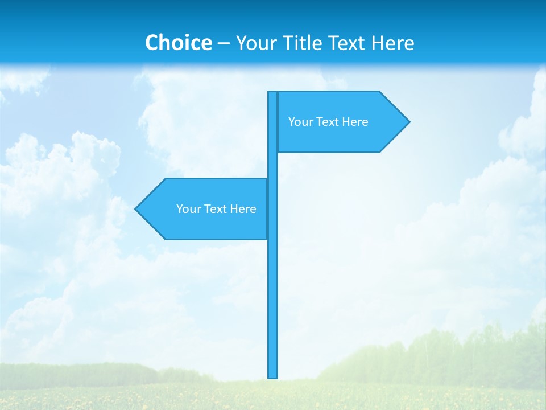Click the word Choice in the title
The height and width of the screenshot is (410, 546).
point(178,43)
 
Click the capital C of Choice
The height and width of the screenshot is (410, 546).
point(152,43)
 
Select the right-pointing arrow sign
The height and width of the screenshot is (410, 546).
point(341,122)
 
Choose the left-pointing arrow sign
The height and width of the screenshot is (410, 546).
point(205,209)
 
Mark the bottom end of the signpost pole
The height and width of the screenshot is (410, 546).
point(273,375)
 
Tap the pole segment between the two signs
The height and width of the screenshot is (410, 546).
point(272,165)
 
